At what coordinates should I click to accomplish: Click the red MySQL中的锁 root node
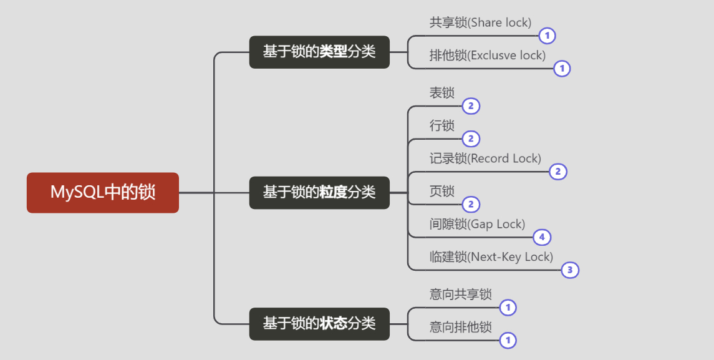pos(103,193)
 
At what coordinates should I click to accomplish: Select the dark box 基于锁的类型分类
pos(319,52)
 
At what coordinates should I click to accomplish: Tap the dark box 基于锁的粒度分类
pos(319,192)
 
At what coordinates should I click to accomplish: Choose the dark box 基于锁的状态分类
pos(319,324)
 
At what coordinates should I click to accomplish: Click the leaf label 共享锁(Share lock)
pos(480,22)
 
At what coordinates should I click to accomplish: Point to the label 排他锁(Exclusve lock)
pos(487,55)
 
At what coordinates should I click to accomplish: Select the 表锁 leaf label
pos(442,93)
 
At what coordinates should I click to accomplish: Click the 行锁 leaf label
pos(442,125)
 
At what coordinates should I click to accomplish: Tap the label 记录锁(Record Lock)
pos(485,158)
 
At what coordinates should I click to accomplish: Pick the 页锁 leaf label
pos(442,191)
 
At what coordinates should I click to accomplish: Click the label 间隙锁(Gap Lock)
pos(477,224)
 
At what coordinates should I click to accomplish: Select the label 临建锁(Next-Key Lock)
pos(491,256)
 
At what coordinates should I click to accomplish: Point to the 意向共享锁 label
pos(461,294)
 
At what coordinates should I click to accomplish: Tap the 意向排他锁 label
pos(461,326)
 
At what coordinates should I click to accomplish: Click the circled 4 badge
pos(542,237)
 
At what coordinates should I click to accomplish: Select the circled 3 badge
pos(570,270)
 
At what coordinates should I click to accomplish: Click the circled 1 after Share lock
pos(547,36)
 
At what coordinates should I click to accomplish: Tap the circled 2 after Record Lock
pos(558,172)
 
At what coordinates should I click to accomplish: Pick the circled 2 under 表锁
pos(471,106)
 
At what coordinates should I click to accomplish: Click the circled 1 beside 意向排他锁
pos(508,340)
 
